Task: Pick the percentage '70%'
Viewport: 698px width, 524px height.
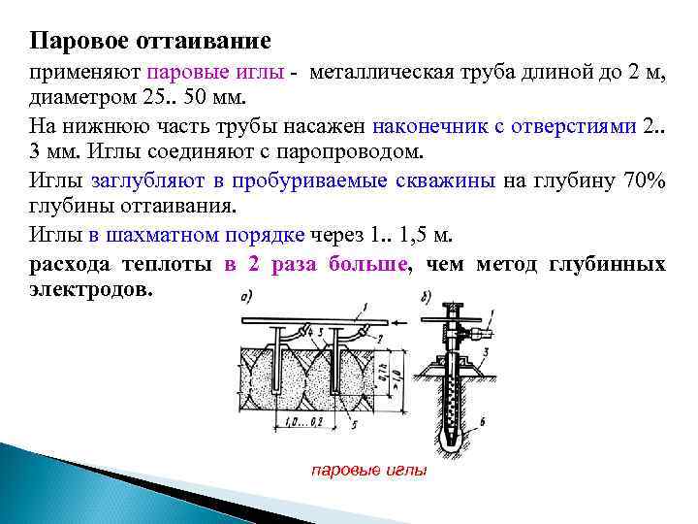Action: (x=643, y=180)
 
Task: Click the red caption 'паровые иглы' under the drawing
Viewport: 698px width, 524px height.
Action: (x=368, y=470)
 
